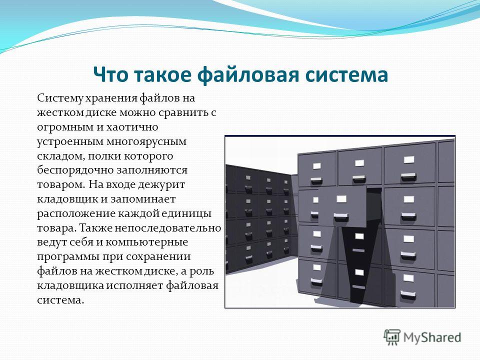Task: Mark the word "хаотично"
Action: (132, 126)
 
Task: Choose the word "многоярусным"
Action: (146, 142)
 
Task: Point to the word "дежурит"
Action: (161, 185)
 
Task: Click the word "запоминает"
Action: (143, 199)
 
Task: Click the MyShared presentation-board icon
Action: (392, 337)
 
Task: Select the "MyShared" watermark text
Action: (432, 337)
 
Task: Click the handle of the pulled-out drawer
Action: (340, 217)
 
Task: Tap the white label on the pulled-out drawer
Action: (341, 199)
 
